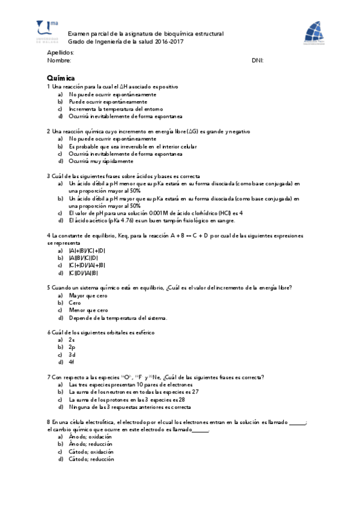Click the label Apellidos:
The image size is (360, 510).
pyautogui.click(x=60, y=53)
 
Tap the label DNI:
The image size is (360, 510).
pyautogui.click(x=257, y=61)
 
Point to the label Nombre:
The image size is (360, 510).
pyautogui.click(x=59, y=61)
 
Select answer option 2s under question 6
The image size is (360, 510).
pyautogui.click(x=72, y=340)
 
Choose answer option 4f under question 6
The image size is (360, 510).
pyautogui.click(x=72, y=362)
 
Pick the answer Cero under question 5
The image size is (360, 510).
pyautogui.click(x=75, y=303)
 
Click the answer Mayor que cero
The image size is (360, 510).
pyautogui.click(x=88, y=295)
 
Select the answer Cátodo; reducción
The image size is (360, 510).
pyautogui.click(x=91, y=459)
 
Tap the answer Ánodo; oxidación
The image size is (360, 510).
pyautogui.click(x=91, y=437)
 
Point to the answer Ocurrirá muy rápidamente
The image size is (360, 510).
pyautogui.click(x=100, y=161)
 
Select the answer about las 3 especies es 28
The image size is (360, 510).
pyautogui.click(x=127, y=399)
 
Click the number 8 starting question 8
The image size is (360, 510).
pyautogui.click(x=48, y=422)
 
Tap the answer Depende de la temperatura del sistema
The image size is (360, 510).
pyautogui.click(x=118, y=318)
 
